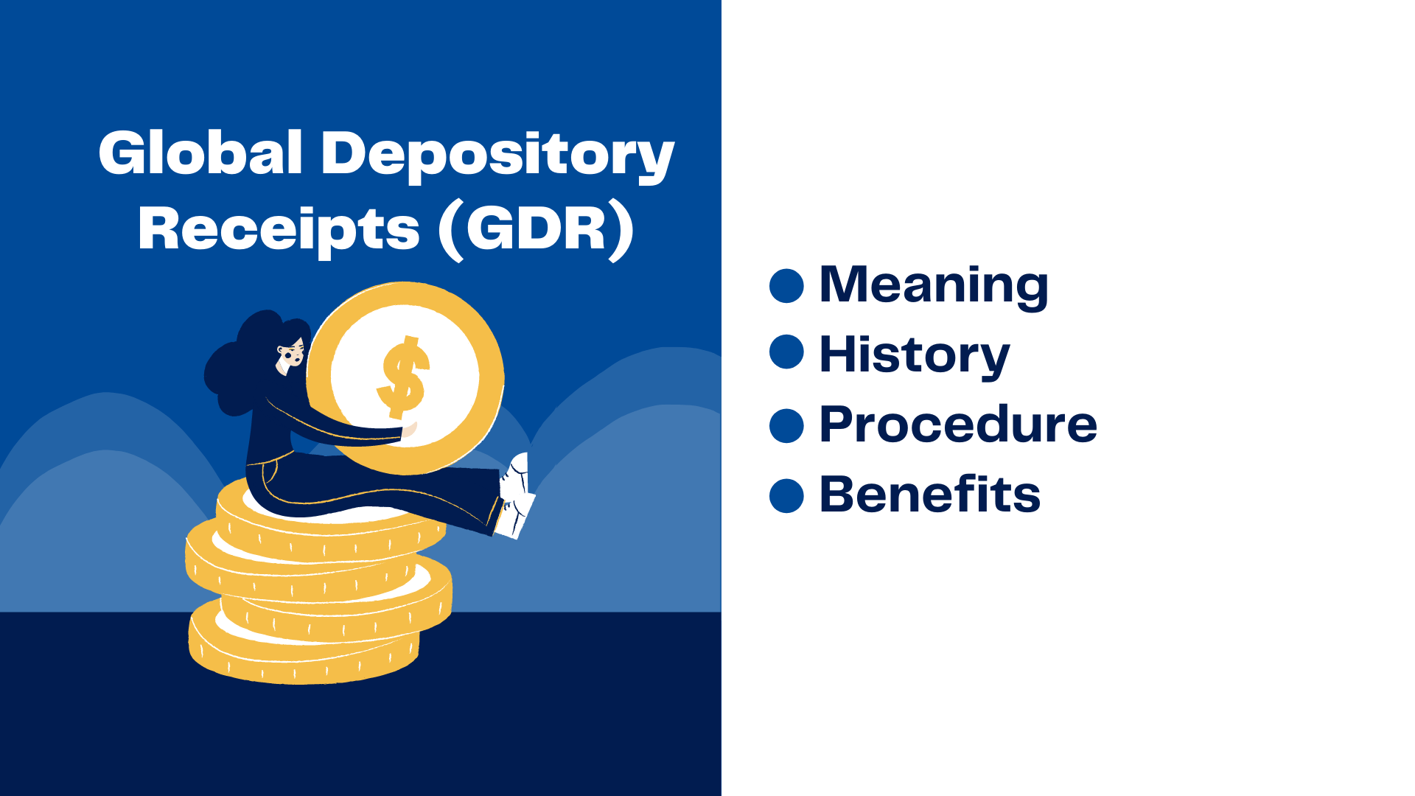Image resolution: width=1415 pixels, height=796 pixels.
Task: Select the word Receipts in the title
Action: pyautogui.click(x=279, y=228)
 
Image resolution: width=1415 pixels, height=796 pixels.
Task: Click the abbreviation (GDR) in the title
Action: pyautogui.click(x=536, y=228)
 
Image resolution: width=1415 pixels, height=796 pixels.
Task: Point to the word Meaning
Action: pyautogui.click(x=933, y=285)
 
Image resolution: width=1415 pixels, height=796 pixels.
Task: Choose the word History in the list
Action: pyautogui.click(x=914, y=355)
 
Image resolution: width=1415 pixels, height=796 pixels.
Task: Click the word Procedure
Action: pyautogui.click(x=958, y=425)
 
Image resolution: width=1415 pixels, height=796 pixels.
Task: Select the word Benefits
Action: pyautogui.click(x=930, y=495)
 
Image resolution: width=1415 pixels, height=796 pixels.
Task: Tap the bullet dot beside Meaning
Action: pyautogui.click(x=786, y=285)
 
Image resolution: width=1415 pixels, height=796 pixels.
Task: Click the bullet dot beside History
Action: pyautogui.click(x=786, y=352)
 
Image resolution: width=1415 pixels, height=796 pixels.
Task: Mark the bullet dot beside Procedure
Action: pyautogui.click(x=786, y=425)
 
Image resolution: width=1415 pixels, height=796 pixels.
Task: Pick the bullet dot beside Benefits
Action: pyautogui.click(x=786, y=495)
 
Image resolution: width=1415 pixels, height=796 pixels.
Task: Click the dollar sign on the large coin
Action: pyautogui.click(x=403, y=377)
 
